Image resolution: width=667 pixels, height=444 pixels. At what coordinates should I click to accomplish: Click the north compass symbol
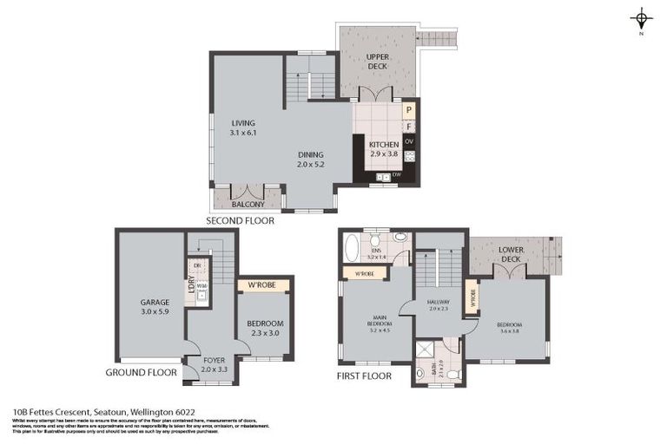click(x=641, y=18)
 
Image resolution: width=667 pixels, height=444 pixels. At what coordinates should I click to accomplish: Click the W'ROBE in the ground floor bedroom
click(x=262, y=284)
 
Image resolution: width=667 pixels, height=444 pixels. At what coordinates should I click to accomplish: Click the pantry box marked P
click(x=409, y=110)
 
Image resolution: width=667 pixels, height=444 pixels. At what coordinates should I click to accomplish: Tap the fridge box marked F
click(x=409, y=127)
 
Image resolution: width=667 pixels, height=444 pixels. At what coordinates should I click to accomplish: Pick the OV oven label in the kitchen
click(x=409, y=141)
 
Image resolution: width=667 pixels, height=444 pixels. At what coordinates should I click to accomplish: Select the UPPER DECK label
click(x=377, y=61)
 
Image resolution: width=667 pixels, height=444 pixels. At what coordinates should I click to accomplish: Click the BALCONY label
click(x=248, y=204)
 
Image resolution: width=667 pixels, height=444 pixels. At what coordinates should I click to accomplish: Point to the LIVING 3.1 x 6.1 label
click(x=243, y=128)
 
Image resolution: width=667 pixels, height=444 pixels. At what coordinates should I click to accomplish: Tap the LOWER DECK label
click(x=510, y=254)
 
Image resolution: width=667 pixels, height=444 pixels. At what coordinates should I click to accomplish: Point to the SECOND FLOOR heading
click(x=240, y=221)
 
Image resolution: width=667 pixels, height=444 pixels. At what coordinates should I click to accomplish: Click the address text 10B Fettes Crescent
click(x=65, y=413)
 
